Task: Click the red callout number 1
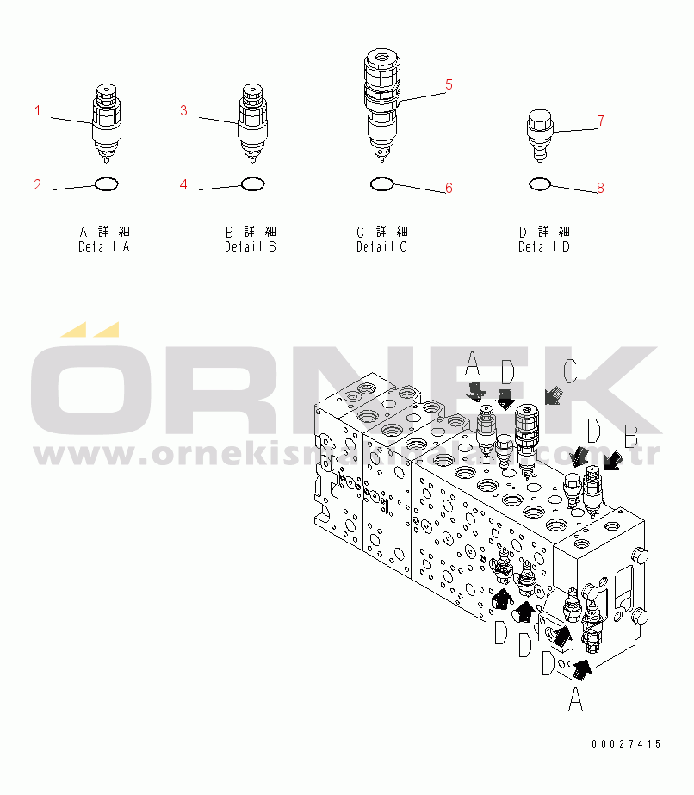click(x=38, y=110)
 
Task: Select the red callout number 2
click(x=38, y=184)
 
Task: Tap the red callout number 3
click(x=183, y=110)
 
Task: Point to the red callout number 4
click(x=183, y=184)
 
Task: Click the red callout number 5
click(x=449, y=84)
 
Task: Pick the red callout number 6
click(x=449, y=188)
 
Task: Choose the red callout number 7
click(x=600, y=121)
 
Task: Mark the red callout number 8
click(x=600, y=188)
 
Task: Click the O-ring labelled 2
click(x=106, y=183)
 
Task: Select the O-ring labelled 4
click(x=252, y=183)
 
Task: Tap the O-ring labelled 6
click(x=381, y=183)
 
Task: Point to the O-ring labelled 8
click(x=540, y=183)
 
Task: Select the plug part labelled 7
click(x=540, y=133)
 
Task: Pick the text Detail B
click(x=251, y=247)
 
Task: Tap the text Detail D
click(x=544, y=247)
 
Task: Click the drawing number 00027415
click(x=626, y=744)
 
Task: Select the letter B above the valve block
click(x=631, y=438)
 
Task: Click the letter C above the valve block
click(x=569, y=370)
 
